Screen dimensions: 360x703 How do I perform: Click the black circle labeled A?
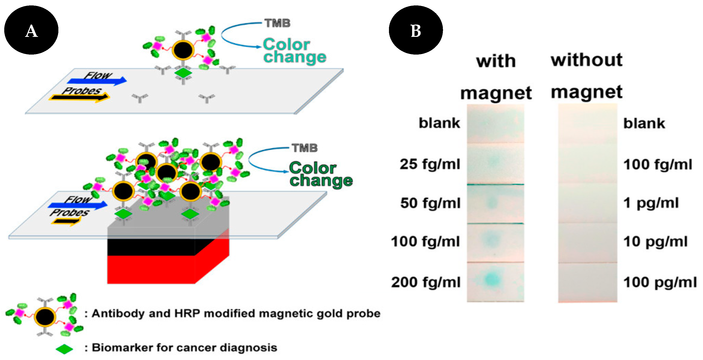[x=31, y=30]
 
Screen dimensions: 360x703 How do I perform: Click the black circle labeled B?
[x=416, y=30]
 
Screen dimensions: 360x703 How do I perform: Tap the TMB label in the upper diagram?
[x=277, y=23]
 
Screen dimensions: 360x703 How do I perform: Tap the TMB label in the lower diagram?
[x=305, y=148]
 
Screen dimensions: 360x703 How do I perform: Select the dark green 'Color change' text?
[x=321, y=174]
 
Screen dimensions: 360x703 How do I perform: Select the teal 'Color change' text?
[x=294, y=51]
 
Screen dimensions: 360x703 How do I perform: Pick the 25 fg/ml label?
[x=430, y=164]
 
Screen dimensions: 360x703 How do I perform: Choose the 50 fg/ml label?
[x=430, y=203]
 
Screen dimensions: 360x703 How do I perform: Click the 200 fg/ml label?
[x=426, y=282]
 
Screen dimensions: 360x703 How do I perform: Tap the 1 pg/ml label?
[x=651, y=203]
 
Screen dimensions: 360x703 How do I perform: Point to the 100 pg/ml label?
[x=660, y=282]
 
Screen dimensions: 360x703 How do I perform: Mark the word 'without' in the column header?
[x=587, y=60]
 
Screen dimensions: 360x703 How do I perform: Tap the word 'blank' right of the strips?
[x=644, y=124]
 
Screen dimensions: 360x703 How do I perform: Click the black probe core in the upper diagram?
[x=183, y=50]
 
